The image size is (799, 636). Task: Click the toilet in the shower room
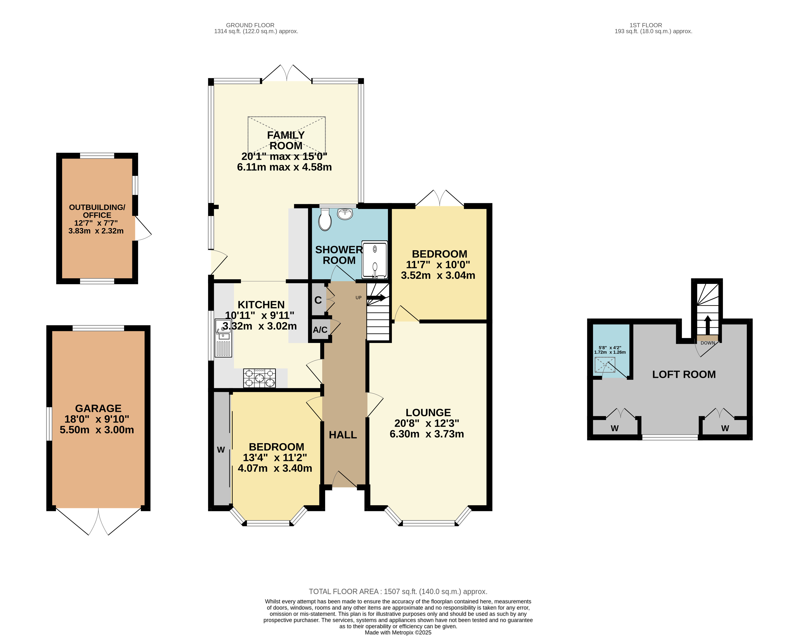(325, 219)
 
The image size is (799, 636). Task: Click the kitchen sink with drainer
(223, 338)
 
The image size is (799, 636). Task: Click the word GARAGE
(98, 409)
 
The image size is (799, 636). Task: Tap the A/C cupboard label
(320, 329)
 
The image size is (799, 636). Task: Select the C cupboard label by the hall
(318, 300)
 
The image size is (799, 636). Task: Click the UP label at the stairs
(358, 298)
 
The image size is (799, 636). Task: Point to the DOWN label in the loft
(708, 343)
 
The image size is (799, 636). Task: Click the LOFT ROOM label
(684, 374)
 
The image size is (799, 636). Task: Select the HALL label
(343, 435)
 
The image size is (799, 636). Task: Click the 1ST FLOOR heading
(646, 25)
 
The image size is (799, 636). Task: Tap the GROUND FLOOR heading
(250, 25)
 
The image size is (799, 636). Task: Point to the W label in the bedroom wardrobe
(221, 450)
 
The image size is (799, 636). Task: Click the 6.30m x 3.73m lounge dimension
(427, 434)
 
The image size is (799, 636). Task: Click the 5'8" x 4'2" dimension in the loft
(610, 348)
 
